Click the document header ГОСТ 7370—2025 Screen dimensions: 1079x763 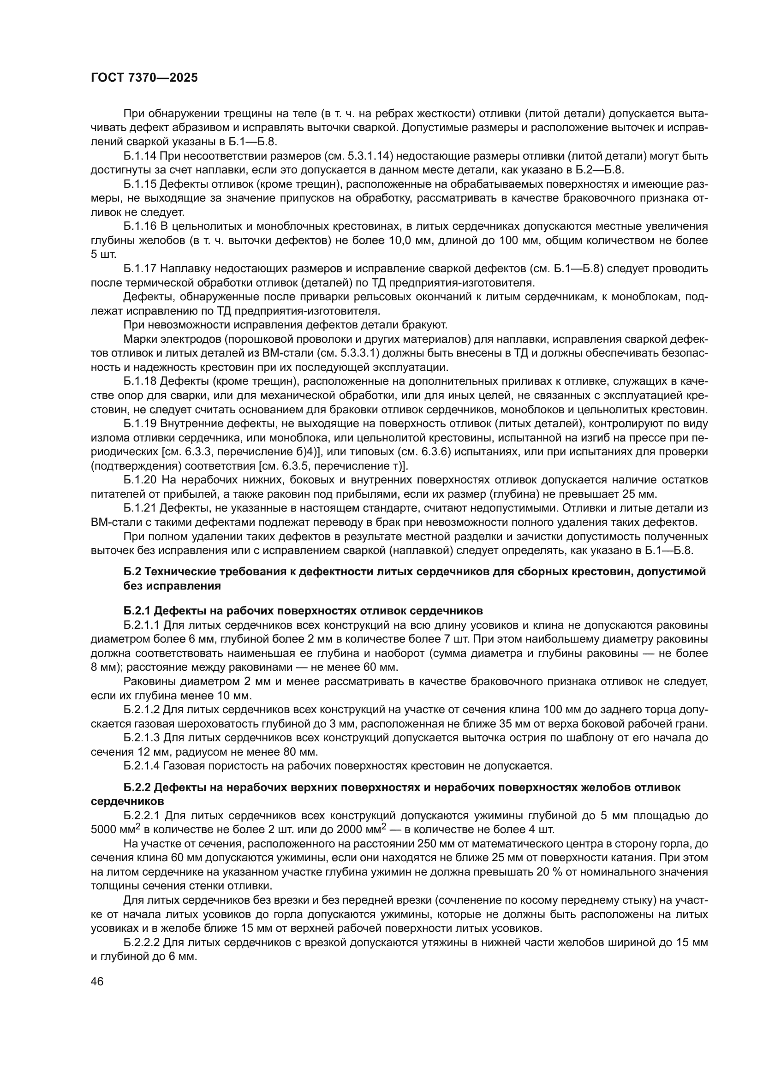pyautogui.click(x=144, y=78)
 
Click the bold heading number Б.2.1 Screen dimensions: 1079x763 pyautogui.click(x=137, y=611)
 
